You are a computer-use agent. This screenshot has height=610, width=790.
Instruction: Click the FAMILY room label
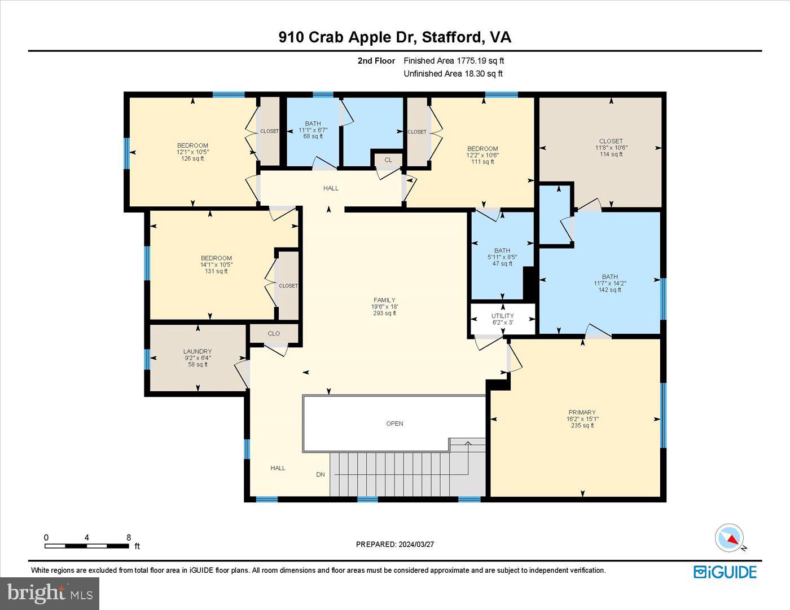point(384,300)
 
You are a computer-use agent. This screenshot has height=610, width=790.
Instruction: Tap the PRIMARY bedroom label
point(582,412)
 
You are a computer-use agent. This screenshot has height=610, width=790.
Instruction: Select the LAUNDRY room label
point(197,351)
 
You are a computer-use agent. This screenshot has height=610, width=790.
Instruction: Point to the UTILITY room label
point(502,316)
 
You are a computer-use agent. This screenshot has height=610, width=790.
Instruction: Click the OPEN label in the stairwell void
point(394,423)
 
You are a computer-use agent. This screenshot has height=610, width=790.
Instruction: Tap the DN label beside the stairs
point(321,475)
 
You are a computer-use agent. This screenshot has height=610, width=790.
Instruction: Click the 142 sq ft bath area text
point(609,290)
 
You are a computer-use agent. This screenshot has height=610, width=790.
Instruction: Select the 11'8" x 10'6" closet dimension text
point(611,148)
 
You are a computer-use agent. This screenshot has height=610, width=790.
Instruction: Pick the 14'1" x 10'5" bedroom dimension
point(216,264)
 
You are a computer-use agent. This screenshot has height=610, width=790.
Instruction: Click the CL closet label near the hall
point(388,160)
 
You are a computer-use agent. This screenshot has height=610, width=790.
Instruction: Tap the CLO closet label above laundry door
point(274,334)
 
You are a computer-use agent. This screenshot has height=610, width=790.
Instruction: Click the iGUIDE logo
point(725,572)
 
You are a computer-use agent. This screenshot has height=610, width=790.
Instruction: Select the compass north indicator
point(730,538)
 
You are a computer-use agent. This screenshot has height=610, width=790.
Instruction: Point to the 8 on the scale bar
point(129,537)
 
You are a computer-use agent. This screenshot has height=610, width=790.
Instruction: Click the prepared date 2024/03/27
point(416,544)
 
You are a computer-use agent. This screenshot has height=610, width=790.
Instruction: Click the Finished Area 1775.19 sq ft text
point(454,60)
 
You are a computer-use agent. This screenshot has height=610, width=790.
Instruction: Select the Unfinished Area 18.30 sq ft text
point(453,73)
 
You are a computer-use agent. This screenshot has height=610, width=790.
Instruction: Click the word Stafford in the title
point(453,37)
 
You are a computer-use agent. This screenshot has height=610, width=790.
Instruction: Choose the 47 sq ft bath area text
point(502,263)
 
